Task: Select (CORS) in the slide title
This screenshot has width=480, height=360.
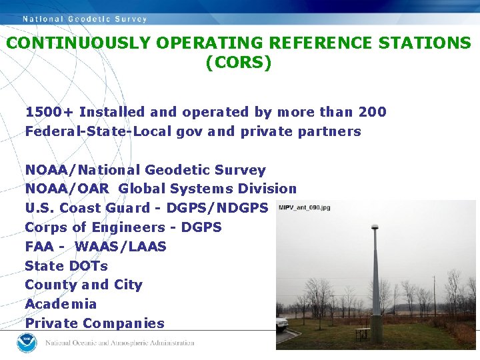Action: click(x=239, y=63)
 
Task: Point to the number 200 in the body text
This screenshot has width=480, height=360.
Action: click(x=372, y=112)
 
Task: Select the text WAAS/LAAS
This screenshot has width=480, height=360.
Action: click(x=121, y=247)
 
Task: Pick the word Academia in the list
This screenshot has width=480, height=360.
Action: click(x=61, y=304)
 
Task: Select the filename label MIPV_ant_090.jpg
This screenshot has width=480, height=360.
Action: click(x=303, y=207)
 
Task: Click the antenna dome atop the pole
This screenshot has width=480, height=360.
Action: click(x=375, y=228)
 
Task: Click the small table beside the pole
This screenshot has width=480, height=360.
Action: click(x=362, y=333)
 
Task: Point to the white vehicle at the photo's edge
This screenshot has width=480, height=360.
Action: click(x=281, y=325)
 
